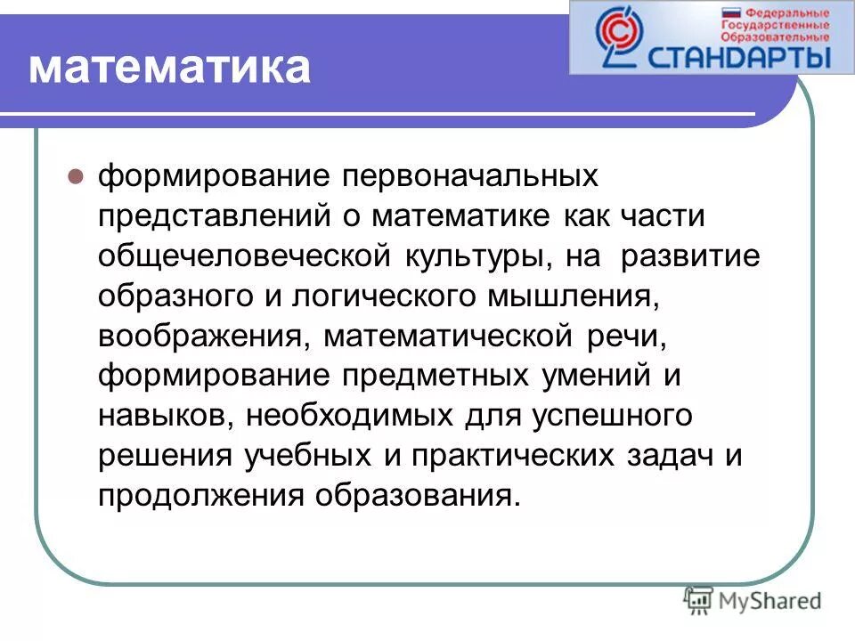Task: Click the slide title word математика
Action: pyautogui.click(x=169, y=69)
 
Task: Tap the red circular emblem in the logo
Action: pyautogui.click(x=615, y=33)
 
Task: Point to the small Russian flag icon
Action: pyautogui.click(x=731, y=14)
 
